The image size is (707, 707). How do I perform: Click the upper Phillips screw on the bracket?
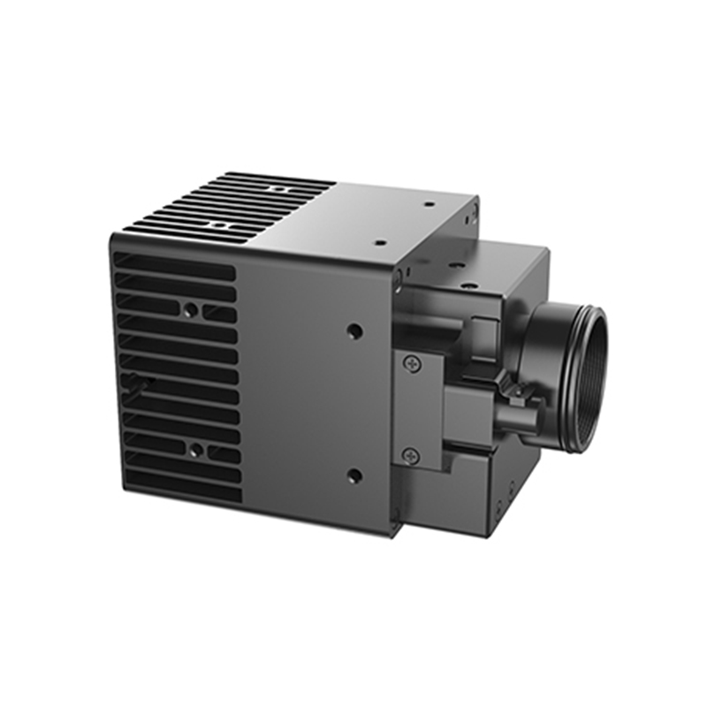click(x=409, y=363)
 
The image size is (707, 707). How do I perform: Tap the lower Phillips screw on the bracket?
click(x=409, y=456)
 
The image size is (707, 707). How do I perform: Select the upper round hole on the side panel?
click(x=354, y=333)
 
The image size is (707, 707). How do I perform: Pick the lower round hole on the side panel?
click(x=354, y=476)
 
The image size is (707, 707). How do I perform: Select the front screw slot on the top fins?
click(x=214, y=225)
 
